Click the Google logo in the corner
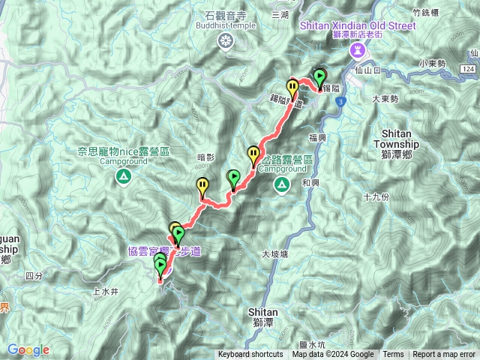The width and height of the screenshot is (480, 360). [x=28, y=349]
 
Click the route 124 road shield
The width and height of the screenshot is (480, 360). [x=468, y=69]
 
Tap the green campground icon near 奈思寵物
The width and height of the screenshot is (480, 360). [x=123, y=177]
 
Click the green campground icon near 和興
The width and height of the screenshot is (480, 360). [x=282, y=184]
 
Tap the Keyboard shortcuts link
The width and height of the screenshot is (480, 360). [x=250, y=355]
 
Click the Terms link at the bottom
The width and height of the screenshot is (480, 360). [x=393, y=355]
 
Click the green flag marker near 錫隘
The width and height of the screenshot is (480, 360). [x=320, y=77]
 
